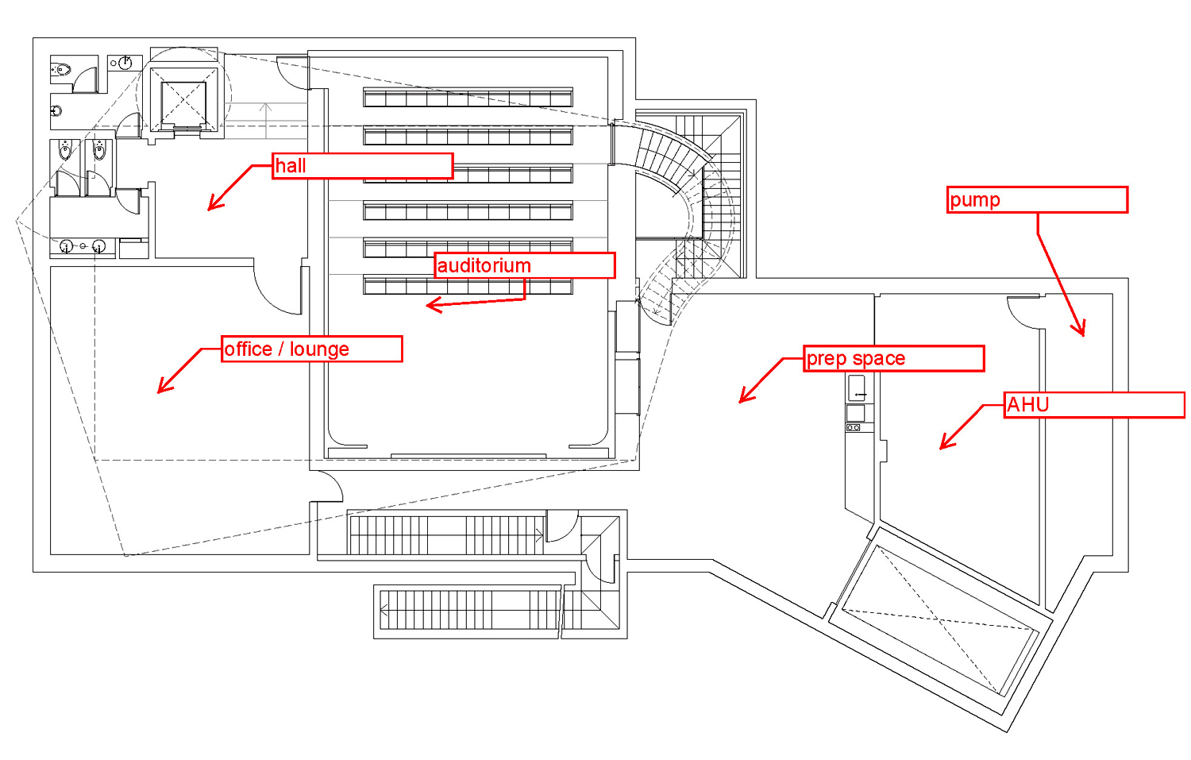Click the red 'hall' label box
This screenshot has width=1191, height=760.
click(x=362, y=166)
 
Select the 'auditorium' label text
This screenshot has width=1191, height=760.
click(x=484, y=265)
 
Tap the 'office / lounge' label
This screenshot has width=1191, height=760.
click(x=311, y=349)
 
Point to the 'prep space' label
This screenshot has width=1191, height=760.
click(x=893, y=358)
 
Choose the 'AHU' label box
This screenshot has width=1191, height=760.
click(x=1093, y=405)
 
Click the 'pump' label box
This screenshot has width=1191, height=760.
click(x=1037, y=200)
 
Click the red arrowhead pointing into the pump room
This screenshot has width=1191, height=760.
click(x=1080, y=330)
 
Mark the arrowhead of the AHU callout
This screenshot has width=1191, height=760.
click(x=945, y=445)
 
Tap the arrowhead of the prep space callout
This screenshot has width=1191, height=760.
click(x=744, y=398)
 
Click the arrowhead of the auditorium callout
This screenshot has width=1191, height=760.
click(x=431, y=305)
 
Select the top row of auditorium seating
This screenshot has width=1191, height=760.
click(x=468, y=98)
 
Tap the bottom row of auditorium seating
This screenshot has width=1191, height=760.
click(x=468, y=285)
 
